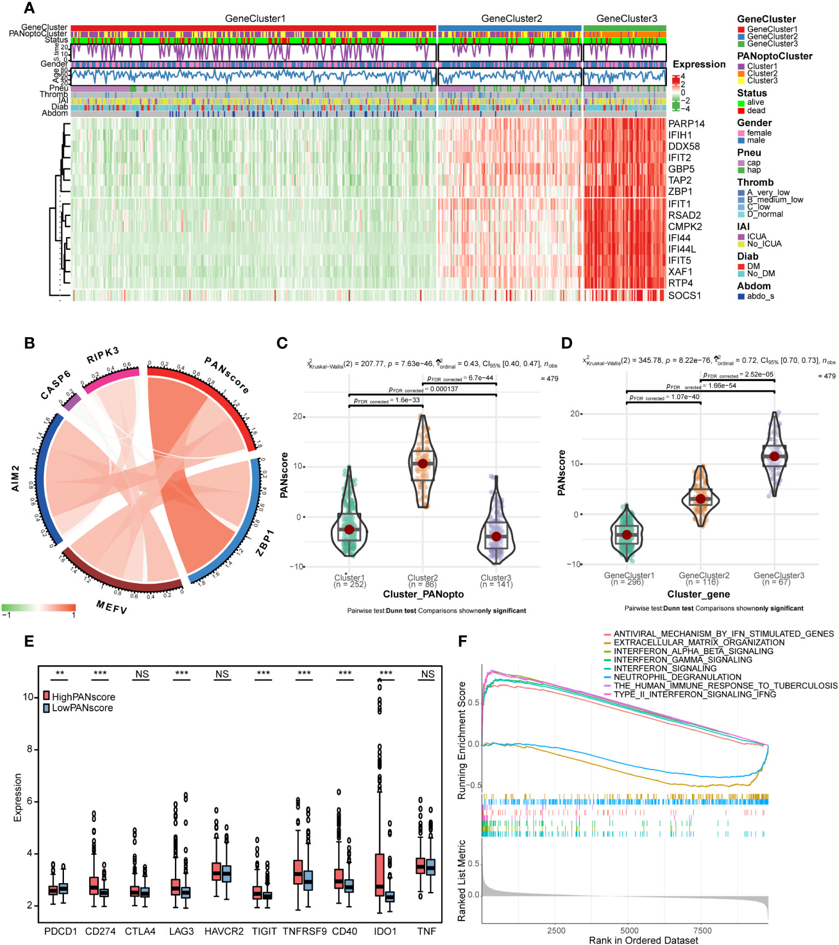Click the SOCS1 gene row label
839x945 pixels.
[x=684, y=296]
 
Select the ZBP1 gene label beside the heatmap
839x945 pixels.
[x=680, y=192]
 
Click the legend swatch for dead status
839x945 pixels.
[x=741, y=110]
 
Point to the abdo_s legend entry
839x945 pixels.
[x=760, y=296]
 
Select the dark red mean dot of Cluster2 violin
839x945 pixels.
[x=423, y=463]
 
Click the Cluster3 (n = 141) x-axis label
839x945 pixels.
[x=496, y=581]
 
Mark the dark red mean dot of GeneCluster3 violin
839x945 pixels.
[x=774, y=456]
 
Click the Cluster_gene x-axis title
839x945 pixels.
[x=698, y=594]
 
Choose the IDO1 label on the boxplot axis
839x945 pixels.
[x=385, y=931]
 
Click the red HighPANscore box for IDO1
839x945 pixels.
[x=379, y=874]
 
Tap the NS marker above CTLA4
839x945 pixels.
[x=142, y=674]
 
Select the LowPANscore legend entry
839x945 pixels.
[x=82, y=708]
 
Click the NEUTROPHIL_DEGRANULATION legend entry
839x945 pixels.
[x=677, y=677]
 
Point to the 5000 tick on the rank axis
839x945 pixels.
[x=629, y=930]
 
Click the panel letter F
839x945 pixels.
[x=462, y=641]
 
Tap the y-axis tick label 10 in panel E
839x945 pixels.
[x=28, y=697]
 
